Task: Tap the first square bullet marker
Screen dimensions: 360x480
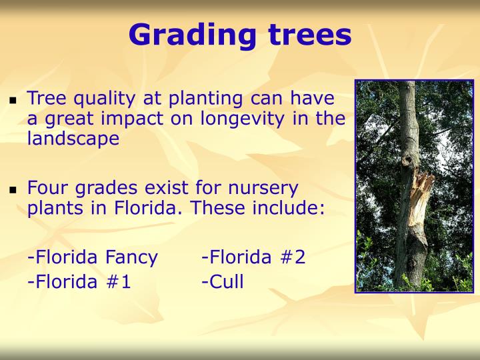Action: click(x=12, y=101)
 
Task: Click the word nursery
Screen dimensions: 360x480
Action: click(x=263, y=189)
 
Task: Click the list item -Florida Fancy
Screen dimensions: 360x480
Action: click(x=93, y=257)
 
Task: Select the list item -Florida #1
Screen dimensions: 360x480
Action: click(x=79, y=281)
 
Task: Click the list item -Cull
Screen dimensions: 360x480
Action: click(x=222, y=281)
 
